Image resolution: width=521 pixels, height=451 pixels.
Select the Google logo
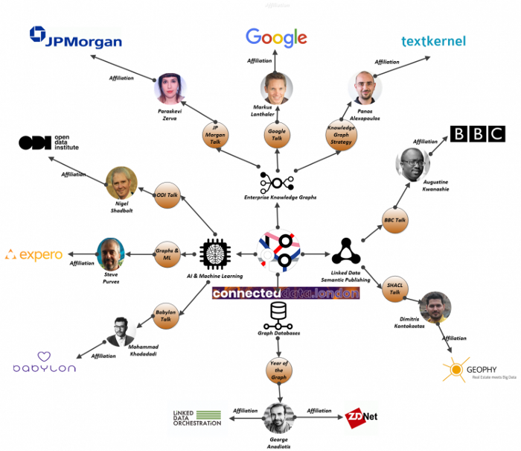276,37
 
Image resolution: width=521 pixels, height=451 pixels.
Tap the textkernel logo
433,41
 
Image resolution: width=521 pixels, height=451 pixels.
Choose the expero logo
33,255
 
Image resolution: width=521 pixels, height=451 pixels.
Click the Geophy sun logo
456,370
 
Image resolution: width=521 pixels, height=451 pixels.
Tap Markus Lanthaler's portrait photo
277,88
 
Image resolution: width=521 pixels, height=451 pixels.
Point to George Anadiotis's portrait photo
280,418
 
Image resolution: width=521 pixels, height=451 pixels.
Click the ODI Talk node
167,195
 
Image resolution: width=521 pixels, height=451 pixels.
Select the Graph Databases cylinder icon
278,315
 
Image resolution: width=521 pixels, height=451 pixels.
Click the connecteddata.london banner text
286,293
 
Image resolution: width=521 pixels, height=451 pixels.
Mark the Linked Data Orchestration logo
194,418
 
